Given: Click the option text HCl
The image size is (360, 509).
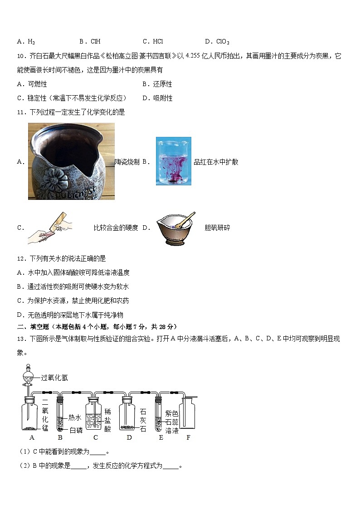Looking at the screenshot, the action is [158, 41].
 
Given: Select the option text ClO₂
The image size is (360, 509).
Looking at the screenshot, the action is [223, 42].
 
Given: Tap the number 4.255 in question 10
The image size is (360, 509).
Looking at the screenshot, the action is [193, 55].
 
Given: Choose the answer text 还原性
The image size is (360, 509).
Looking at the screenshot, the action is [162, 84].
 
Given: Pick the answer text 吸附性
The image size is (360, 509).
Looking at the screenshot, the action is [163, 98].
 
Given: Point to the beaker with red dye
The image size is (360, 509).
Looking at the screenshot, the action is [174, 161].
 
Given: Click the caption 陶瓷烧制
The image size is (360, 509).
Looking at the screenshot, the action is [127, 162].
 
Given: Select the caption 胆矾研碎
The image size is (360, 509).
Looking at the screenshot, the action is [217, 228].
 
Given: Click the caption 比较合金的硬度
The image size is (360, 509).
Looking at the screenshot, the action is [116, 228].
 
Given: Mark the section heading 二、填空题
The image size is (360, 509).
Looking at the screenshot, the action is [33, 326].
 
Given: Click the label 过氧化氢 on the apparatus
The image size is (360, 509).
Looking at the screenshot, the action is [54, 378].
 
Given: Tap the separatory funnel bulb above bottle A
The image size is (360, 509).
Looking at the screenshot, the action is [29, 377].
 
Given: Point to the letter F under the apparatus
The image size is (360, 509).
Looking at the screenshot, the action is [188, 437].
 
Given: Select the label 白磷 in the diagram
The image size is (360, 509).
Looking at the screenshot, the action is [76, 430].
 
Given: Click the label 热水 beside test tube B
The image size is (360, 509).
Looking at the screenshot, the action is [75, 417].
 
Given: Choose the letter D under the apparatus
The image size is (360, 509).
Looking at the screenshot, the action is [129, 437].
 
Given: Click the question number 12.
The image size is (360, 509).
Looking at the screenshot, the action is [21, 258].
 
